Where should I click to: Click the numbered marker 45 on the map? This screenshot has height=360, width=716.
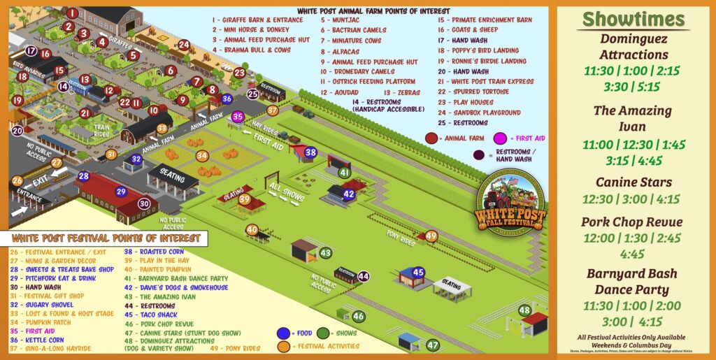418,271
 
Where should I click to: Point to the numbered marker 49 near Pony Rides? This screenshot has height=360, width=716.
431,236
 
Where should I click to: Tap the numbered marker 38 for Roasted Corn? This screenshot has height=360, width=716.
311,152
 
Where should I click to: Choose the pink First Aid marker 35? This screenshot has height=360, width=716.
238,116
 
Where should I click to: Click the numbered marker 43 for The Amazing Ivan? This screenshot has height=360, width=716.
325,252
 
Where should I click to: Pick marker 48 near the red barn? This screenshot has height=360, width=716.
524,310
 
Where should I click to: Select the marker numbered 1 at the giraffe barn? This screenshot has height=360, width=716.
72,12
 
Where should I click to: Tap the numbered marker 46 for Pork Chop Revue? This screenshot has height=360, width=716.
359,317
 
